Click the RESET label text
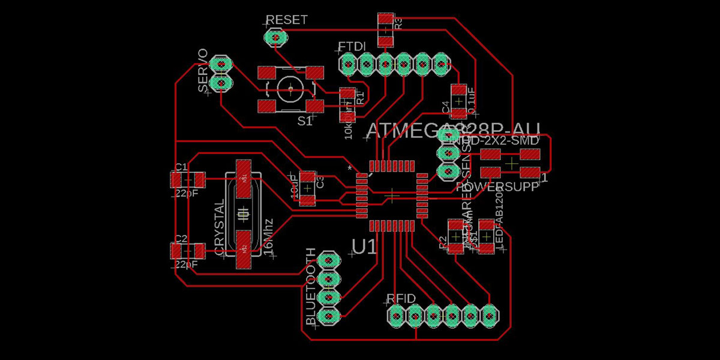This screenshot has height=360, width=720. click(x=287, y=20)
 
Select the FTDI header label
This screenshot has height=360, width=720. click(x=350, y=47)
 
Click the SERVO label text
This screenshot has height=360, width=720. click(x=203, y=71)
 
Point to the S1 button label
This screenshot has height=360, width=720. click(x=305, y=121)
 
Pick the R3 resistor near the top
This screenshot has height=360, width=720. click(x=385, y=29)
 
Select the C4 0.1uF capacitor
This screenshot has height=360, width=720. click(x=458, y=101)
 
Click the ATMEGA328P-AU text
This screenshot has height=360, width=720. click(x=453, y=130)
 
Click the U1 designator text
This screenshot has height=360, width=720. click(x=364, y=247)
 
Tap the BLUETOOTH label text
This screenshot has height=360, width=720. click(x=311, y=287)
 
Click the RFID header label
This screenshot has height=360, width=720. click(x=401, y=298)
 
